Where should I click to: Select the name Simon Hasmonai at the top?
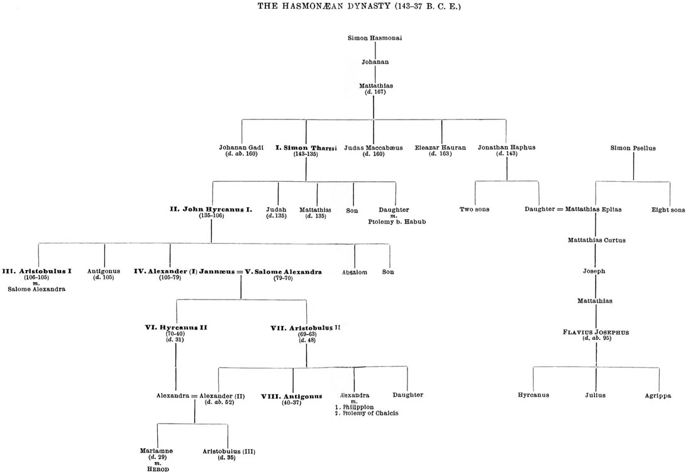375,38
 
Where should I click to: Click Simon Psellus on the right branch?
633,149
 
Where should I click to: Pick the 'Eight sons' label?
668,210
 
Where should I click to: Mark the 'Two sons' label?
475,210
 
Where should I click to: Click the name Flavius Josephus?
596,331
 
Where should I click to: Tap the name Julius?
595,395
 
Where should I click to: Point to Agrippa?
658,395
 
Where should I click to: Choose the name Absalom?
355,273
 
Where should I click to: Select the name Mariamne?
157,451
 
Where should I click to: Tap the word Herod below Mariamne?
157,469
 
